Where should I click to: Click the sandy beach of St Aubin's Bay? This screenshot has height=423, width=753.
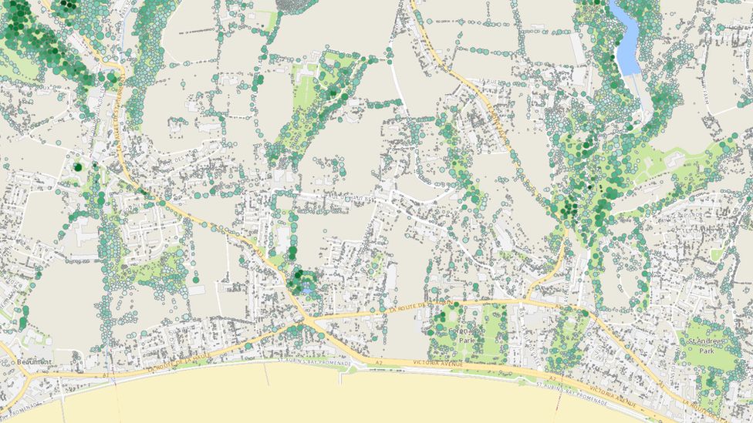tap(309, 397)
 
